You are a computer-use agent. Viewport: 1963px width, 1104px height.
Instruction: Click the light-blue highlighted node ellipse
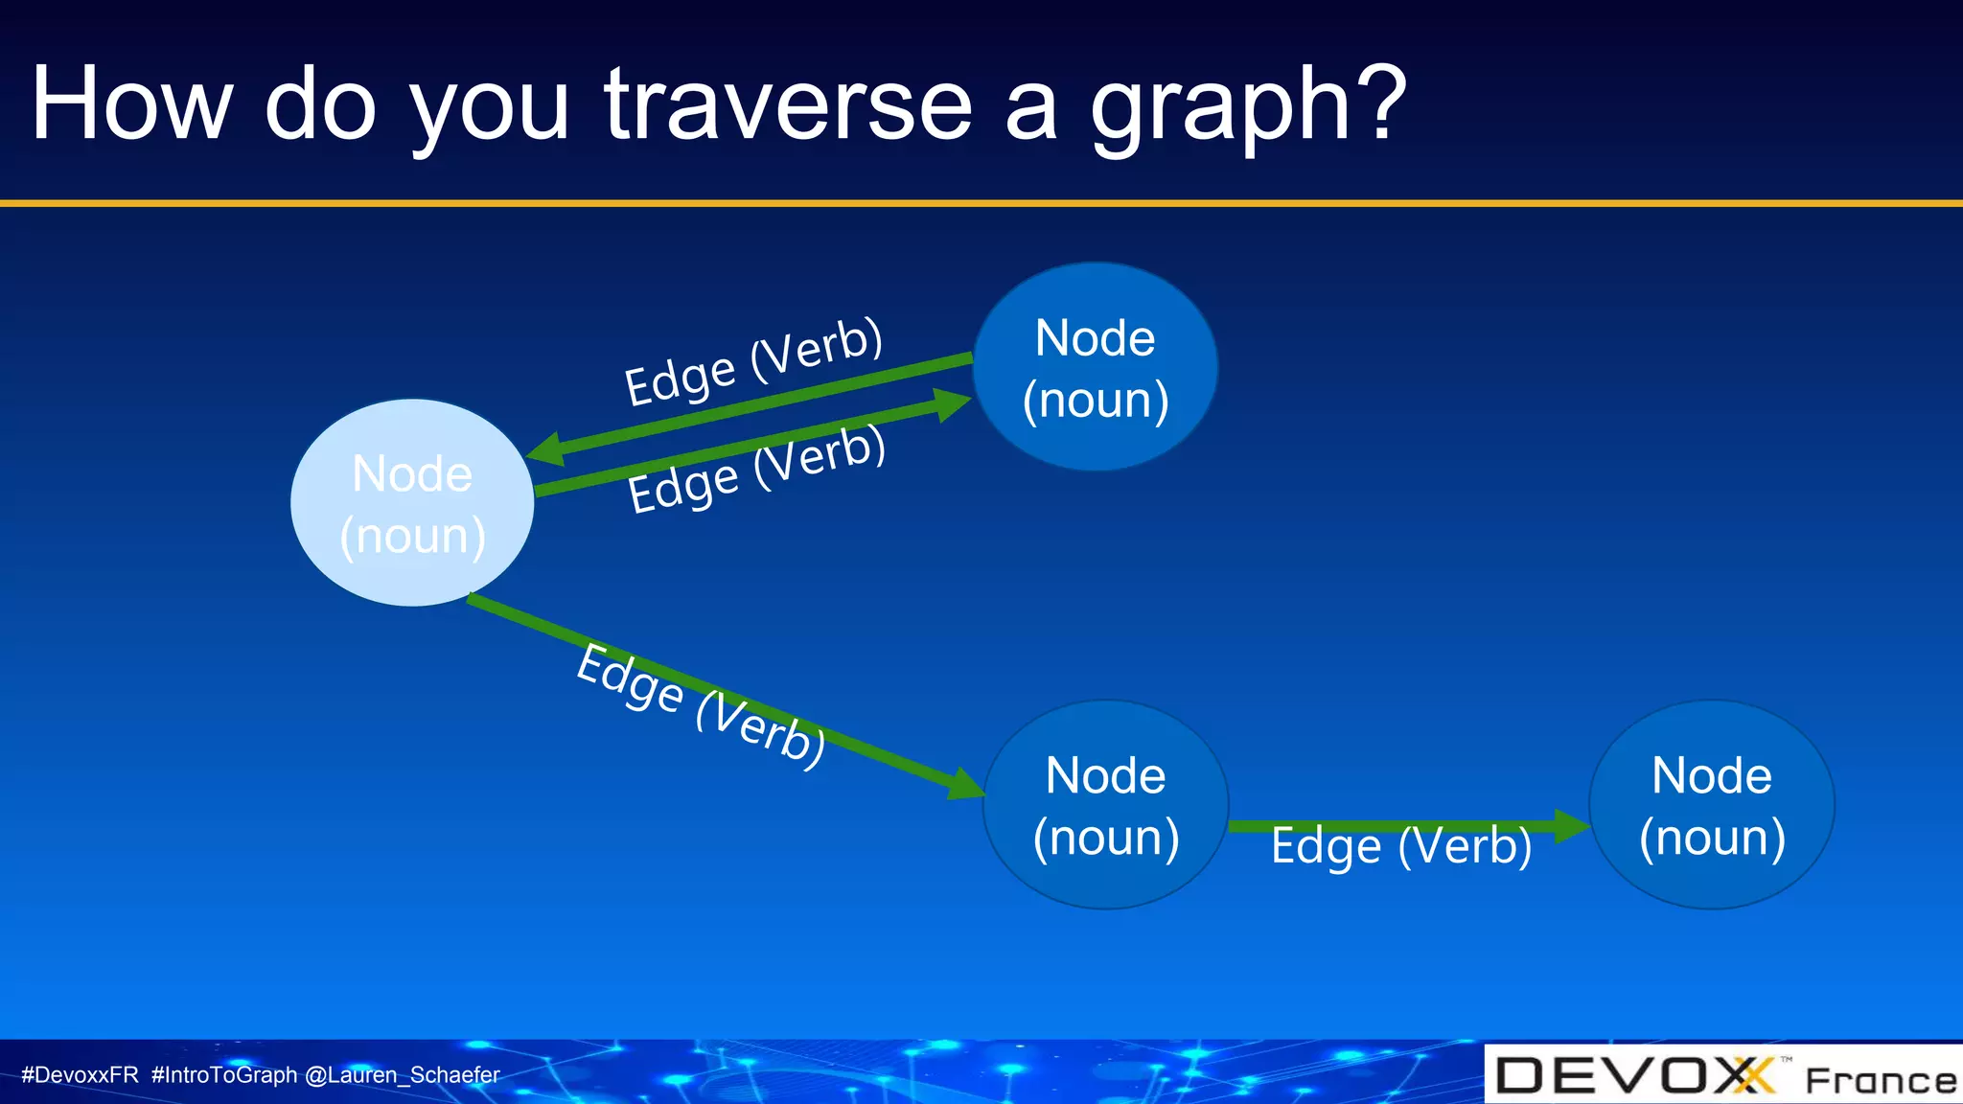(x=412, y=503)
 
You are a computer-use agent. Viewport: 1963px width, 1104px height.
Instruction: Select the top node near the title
(x=1096, y=367)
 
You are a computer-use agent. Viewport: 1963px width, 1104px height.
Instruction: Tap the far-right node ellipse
(x=1712, y=805)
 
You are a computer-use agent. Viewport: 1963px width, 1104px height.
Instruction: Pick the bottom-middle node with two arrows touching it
(x=1105, y=805)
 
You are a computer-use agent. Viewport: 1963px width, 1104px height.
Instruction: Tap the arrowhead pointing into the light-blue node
(x=546, y=449)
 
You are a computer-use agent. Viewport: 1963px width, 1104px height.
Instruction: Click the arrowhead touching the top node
(x=952, y=403)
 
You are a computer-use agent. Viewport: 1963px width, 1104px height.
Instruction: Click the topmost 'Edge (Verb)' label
(x=753, y=362)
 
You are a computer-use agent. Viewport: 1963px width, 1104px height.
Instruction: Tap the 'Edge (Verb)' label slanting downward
(x=701, y=705)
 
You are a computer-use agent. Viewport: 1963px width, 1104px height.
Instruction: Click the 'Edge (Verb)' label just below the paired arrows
(x=757, y=470)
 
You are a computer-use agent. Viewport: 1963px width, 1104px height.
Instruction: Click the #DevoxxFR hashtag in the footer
(x=80, y=1075)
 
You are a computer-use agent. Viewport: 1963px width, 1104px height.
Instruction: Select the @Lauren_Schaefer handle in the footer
(x=402, y=1075)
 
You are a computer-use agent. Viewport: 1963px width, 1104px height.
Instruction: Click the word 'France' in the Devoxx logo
(x=1880, y=1081)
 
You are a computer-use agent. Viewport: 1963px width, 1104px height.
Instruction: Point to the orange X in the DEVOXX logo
(x=1753, y=1075)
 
